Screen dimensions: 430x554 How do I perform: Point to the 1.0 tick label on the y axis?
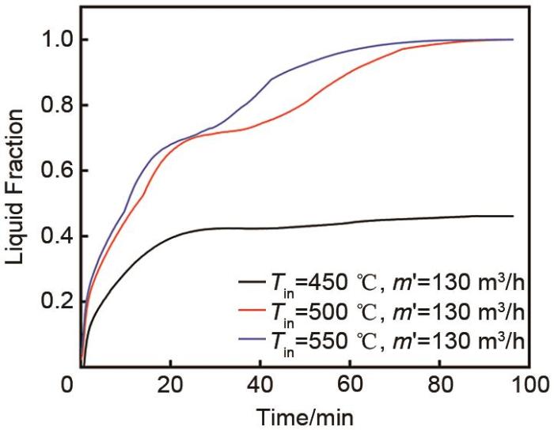click(50, 40)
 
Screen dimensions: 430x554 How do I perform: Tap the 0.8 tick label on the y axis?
click(50, 106)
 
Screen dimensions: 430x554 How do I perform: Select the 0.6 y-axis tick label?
click(50, 172)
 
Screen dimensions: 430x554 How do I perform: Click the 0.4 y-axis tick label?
click(50, 237)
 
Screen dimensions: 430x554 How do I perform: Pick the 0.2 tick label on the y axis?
click(50, 303)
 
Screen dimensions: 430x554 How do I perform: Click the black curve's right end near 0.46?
click(512, 216)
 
